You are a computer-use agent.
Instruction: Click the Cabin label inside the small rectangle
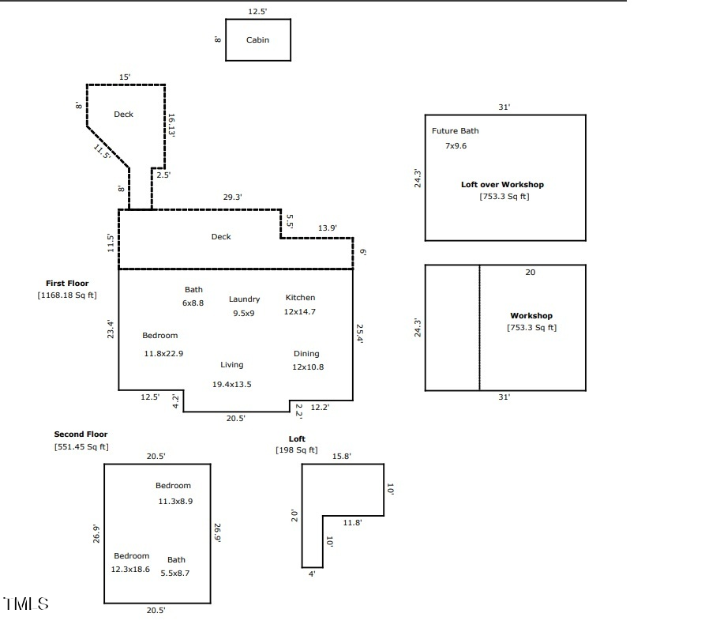tap(257, 39)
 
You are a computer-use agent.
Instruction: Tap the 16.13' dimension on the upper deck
tap(171, 125)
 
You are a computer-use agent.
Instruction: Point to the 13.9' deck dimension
tap(328, 228)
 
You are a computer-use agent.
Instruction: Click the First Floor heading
tap(67, 283)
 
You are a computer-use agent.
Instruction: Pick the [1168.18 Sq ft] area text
tap(67, 295)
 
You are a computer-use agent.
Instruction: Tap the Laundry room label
tap(244, 299)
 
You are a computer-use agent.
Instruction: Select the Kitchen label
tap(300, 298)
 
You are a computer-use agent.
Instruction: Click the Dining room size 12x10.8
tap(308, 367)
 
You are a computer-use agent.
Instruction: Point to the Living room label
tap(232, 365)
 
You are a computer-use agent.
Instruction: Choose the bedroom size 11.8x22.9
tap(163, 353)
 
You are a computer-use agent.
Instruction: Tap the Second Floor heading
tap(81, 434)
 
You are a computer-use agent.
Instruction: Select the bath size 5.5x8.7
tap(175, 573)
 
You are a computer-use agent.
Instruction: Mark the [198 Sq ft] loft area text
tap(296, 450)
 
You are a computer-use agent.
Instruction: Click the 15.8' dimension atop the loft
tap(342, 457)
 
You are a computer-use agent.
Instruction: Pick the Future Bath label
tap(455, 131)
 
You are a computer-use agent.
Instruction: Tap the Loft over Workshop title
tap(502, 185)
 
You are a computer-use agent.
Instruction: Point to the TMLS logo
tap(26, 604)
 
